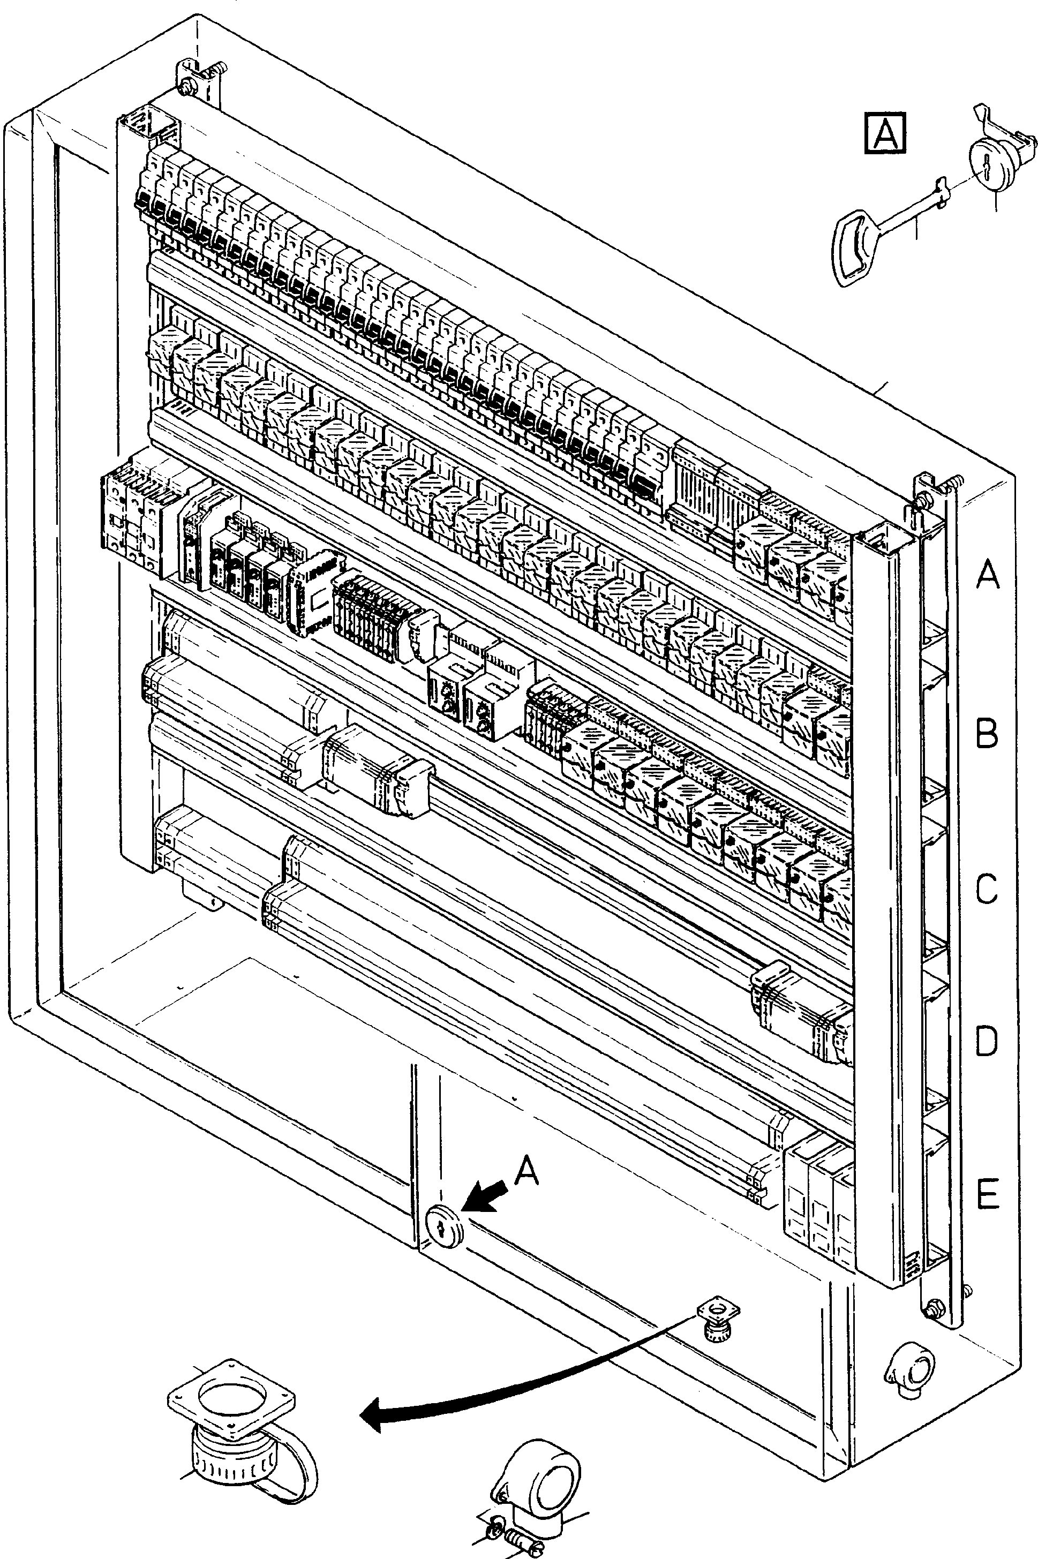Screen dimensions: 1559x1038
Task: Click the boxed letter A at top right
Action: pyautogui.click(x=885, y=134)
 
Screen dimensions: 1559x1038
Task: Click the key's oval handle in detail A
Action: pyautogui.click(x=853, y=248)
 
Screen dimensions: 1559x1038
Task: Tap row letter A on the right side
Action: pyautogui.click(x=987, y=573)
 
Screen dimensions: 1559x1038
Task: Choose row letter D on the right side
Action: pyautogui.click(x=987, y=1041)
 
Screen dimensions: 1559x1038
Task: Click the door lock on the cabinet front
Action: pyautogui.click(x=443, y=1225)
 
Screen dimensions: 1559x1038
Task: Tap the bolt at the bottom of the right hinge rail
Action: pyautogui.click(x=935, y=1307)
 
